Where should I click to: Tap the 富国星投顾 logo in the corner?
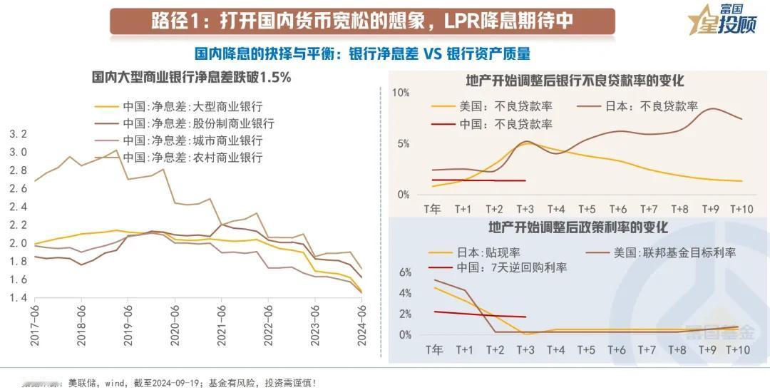pos(721,20)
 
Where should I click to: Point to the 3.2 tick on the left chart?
pos(18,134)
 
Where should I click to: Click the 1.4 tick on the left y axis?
pos(18,297)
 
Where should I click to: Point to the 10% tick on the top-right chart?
pos(401,93)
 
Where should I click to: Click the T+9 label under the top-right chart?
pos(709,209)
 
